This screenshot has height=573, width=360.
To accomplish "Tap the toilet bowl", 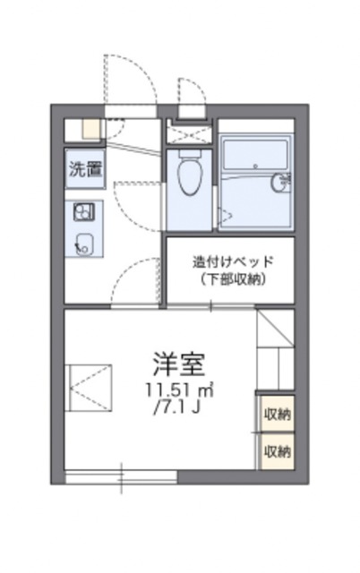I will click(189, 179).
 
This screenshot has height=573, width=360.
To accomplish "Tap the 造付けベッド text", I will click(232, 262).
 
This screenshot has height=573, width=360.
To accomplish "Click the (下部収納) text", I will click(232, 278).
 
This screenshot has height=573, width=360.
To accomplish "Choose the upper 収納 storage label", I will click(277, 414).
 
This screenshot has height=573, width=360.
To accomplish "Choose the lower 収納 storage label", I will click(277, 451).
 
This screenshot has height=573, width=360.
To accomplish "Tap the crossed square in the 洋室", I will click(90, 386).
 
